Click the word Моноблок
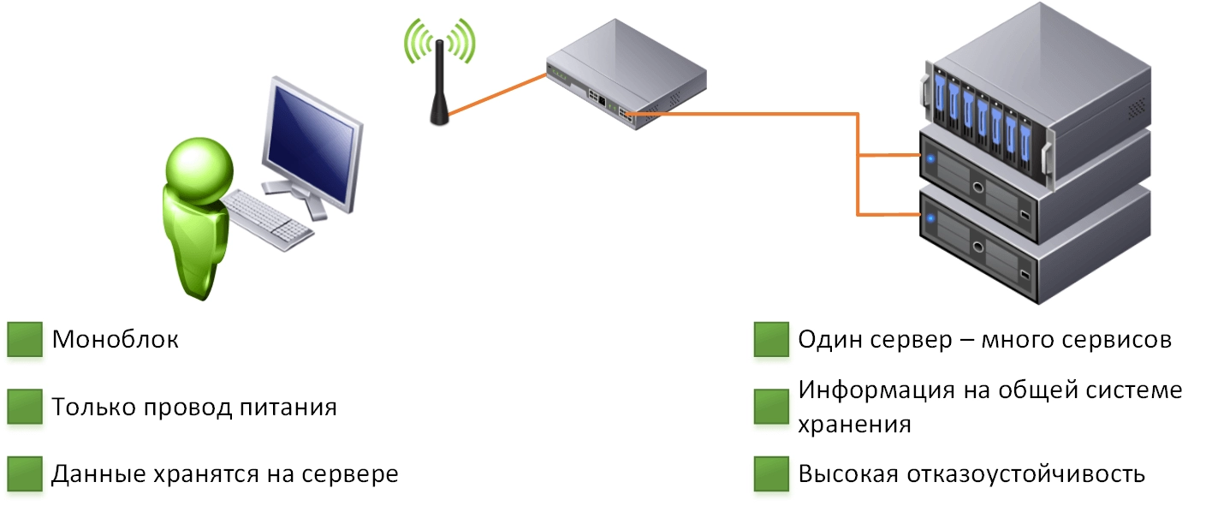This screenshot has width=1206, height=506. point(116,340)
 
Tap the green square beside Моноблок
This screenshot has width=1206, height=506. point(25,340)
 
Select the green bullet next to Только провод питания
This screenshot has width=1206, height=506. point(25,407)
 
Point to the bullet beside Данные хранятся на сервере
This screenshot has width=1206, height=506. point(25,473)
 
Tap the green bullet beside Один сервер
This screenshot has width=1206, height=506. point(771,340)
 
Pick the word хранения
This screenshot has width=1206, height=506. point(853,424)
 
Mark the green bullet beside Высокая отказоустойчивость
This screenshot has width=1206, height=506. point(771,473)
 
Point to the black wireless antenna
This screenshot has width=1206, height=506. point(439,86)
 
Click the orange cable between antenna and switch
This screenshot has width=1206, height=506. point(496,95)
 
